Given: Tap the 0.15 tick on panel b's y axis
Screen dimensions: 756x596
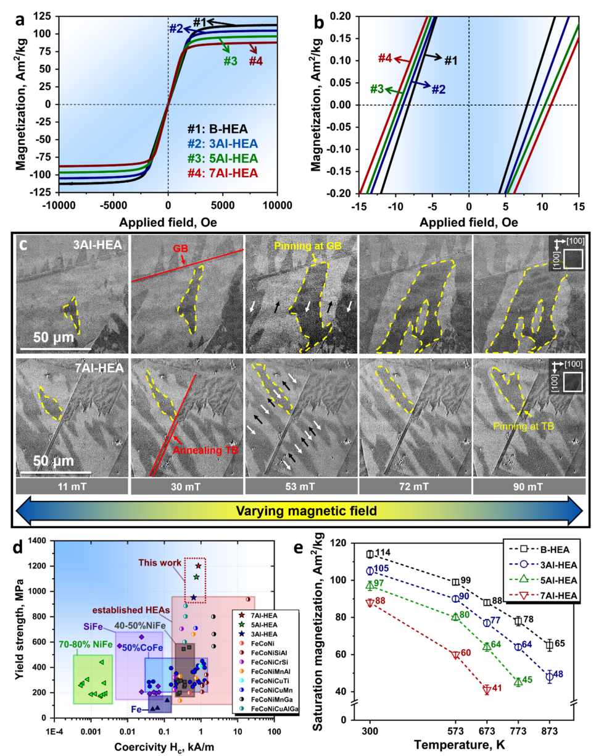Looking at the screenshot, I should (338, 38).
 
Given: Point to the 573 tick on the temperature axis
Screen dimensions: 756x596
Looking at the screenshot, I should (455, 731).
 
